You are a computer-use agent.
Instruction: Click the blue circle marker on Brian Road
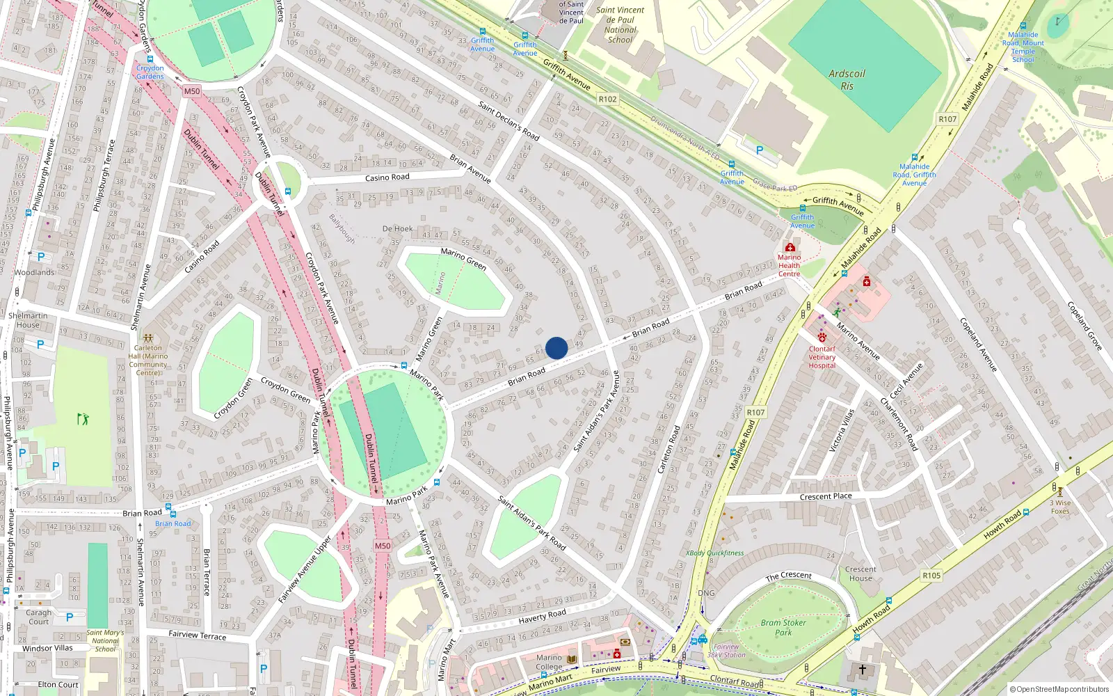556,348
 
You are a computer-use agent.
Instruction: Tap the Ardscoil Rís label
847,80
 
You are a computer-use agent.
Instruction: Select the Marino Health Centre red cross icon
790,247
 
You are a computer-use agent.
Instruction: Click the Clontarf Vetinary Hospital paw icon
822,338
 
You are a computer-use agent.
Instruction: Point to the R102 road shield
607,100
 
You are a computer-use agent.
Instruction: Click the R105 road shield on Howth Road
931,576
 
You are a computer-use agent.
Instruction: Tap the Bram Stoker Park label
783,628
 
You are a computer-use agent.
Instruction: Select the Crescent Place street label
826,497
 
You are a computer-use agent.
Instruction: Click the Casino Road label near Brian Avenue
387,177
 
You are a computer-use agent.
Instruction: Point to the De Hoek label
397,229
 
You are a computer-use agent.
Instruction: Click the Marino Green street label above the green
463,258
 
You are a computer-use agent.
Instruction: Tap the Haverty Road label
542,616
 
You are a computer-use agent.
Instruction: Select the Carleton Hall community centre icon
147,338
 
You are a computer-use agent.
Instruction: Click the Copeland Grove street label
1084,326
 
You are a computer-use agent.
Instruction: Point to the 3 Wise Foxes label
1060,507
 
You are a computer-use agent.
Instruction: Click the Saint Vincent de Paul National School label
620,25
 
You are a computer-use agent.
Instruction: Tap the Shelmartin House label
28,320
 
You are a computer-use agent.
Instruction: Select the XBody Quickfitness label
715,553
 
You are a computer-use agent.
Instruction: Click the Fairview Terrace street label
198,635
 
